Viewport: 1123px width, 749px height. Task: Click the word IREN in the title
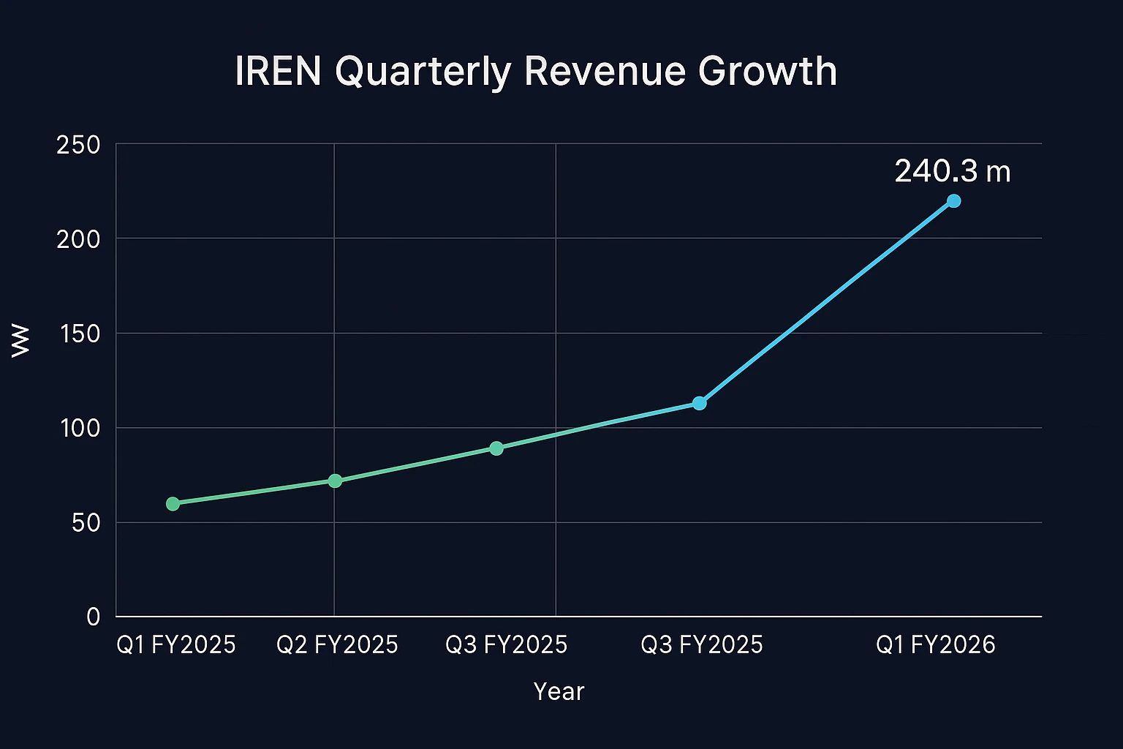point(278,72)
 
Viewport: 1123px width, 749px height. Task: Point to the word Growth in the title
point(767,72)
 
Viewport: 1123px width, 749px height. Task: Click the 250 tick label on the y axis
point(78,145)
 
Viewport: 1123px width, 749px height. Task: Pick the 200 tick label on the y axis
point(78,239)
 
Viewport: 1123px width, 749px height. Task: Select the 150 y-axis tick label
point(78,334)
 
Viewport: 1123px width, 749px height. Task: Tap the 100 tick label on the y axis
point(80,428)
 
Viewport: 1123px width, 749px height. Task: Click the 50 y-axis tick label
point(86,523)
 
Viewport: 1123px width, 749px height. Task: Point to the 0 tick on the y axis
point(93,617)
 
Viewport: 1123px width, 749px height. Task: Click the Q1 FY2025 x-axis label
point(176,644)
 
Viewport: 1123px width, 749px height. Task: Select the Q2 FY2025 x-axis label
point(337,644)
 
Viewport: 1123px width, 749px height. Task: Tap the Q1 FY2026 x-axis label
point(936,644)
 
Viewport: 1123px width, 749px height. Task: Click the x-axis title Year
point(559,691)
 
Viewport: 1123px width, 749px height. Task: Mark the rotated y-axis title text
point(21,341)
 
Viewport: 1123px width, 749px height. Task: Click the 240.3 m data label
point(953,171)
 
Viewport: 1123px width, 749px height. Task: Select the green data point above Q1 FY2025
point(173,503)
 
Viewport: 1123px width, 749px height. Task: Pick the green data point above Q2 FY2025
point(335,481)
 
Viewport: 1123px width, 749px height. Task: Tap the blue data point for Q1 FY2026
point(953,200)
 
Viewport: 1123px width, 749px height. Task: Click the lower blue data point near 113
point(699,403)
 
